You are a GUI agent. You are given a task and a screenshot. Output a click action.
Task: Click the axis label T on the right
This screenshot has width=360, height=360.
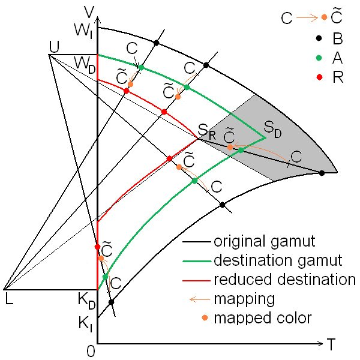click(331, 344)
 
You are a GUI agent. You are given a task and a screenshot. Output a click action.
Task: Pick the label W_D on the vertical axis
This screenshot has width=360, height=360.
click(83, 62)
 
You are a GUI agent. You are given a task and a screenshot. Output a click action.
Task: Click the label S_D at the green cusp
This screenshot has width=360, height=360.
click(272, 128)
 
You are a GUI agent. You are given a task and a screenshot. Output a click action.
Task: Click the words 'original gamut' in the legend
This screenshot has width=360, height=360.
click(256, 242)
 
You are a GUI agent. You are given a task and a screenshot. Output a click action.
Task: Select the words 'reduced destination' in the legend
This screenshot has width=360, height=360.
click(284, 279)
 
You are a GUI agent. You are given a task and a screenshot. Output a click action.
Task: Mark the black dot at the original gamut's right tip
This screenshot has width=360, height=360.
click(322, 173)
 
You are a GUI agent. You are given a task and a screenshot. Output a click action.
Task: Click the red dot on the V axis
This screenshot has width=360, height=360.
click(97, 247)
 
